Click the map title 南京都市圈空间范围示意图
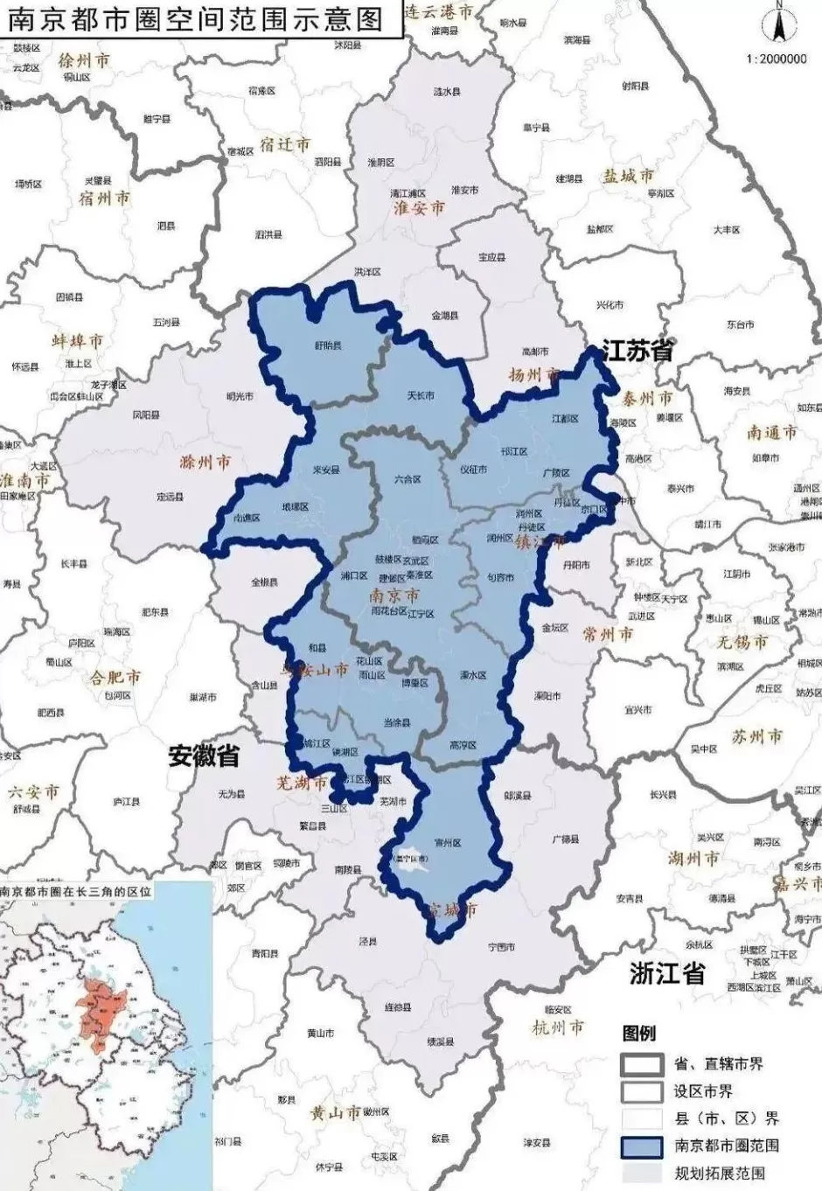click(198, 18)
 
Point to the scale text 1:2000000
click(777, 59)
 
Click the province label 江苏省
click(637, 351)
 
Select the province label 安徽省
click(205, 756)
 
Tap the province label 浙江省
click(667, 973)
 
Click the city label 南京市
click(394, 595)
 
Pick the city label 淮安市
click(419, 208)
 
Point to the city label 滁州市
click(205, 461)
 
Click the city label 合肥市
click(115, 677)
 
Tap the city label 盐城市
click(628, 176)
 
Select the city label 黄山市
click(335, 1112)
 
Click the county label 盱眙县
click(328, 346)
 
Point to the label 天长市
click(421, 396)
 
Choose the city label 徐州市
click(84, 60)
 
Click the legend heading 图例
click(638, 1034)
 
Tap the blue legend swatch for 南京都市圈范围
click(642, 1145)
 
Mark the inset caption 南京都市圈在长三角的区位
click(76, 893)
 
